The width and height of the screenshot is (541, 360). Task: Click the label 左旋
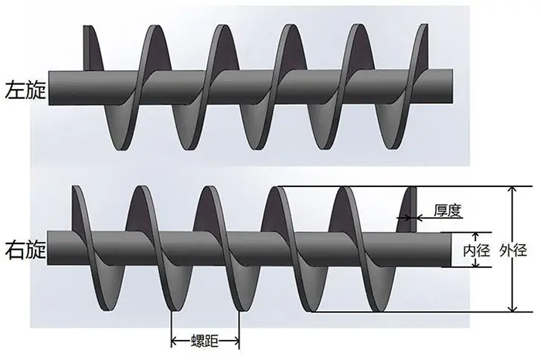26,90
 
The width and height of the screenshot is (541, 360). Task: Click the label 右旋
26,251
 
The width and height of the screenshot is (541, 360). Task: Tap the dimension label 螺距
205,341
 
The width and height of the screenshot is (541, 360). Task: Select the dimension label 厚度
447,211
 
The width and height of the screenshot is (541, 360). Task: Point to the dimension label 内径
477,251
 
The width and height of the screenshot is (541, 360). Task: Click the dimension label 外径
513,250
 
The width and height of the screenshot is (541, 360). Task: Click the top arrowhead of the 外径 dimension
514,190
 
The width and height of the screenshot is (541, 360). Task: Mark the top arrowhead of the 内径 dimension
476,236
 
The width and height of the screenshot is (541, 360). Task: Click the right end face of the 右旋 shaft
447,250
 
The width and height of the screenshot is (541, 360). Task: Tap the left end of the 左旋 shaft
49,88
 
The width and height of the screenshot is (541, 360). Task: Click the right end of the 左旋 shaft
452,87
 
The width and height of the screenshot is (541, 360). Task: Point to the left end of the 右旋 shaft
48,248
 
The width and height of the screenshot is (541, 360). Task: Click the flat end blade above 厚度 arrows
409,209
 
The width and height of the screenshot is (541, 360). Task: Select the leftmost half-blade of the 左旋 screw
93,48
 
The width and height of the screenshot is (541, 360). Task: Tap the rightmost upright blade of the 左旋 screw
420,47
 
